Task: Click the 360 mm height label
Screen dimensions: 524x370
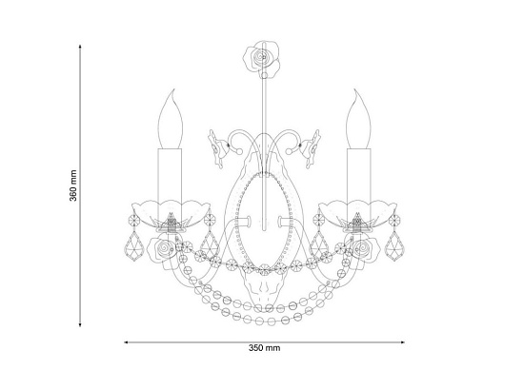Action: [x=73, y=185]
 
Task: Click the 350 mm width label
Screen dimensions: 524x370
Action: [x=264, y=348]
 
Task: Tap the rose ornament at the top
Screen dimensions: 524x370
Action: [x=262, y=59]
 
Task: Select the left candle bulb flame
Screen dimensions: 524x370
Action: [x=171, y=120]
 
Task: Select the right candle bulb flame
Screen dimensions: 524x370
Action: [x=359, y=120]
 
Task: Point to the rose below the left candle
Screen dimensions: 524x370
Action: [x=163, y=249]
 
